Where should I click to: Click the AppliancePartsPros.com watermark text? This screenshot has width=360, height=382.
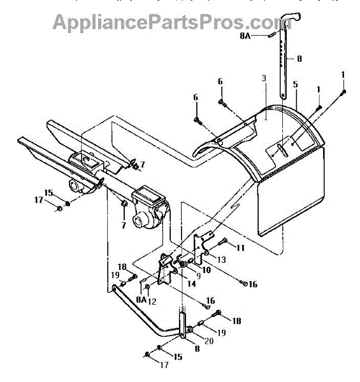pos(172,22)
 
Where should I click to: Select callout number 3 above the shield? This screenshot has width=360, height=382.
pos(264,78)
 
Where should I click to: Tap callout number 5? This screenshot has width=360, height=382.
pos(296,84)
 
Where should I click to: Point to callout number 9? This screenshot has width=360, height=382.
pos(198,276)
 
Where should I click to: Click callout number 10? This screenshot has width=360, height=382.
pos(206,270)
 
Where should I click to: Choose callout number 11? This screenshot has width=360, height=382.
pos(240,248)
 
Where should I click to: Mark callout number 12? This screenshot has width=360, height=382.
pos(152,302)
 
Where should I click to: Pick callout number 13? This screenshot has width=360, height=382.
pos(221,260)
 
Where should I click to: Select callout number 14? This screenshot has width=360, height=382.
pos(191,283)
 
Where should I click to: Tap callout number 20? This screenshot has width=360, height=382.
pos(208,341)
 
